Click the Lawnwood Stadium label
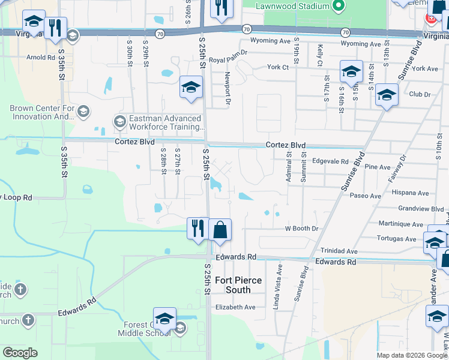click(x=292, y=6)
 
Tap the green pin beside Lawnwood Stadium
click(x=338, y=7)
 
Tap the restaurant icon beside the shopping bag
click(x=197, y=228)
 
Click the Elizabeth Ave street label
click(x=235, y=307)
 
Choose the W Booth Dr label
click(x=301, y=229)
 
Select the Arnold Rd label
click(x=41, y=58)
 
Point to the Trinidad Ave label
click(x=339, y=251)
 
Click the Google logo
click(x=20, y=353)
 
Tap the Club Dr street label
click(x=420, y=94)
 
